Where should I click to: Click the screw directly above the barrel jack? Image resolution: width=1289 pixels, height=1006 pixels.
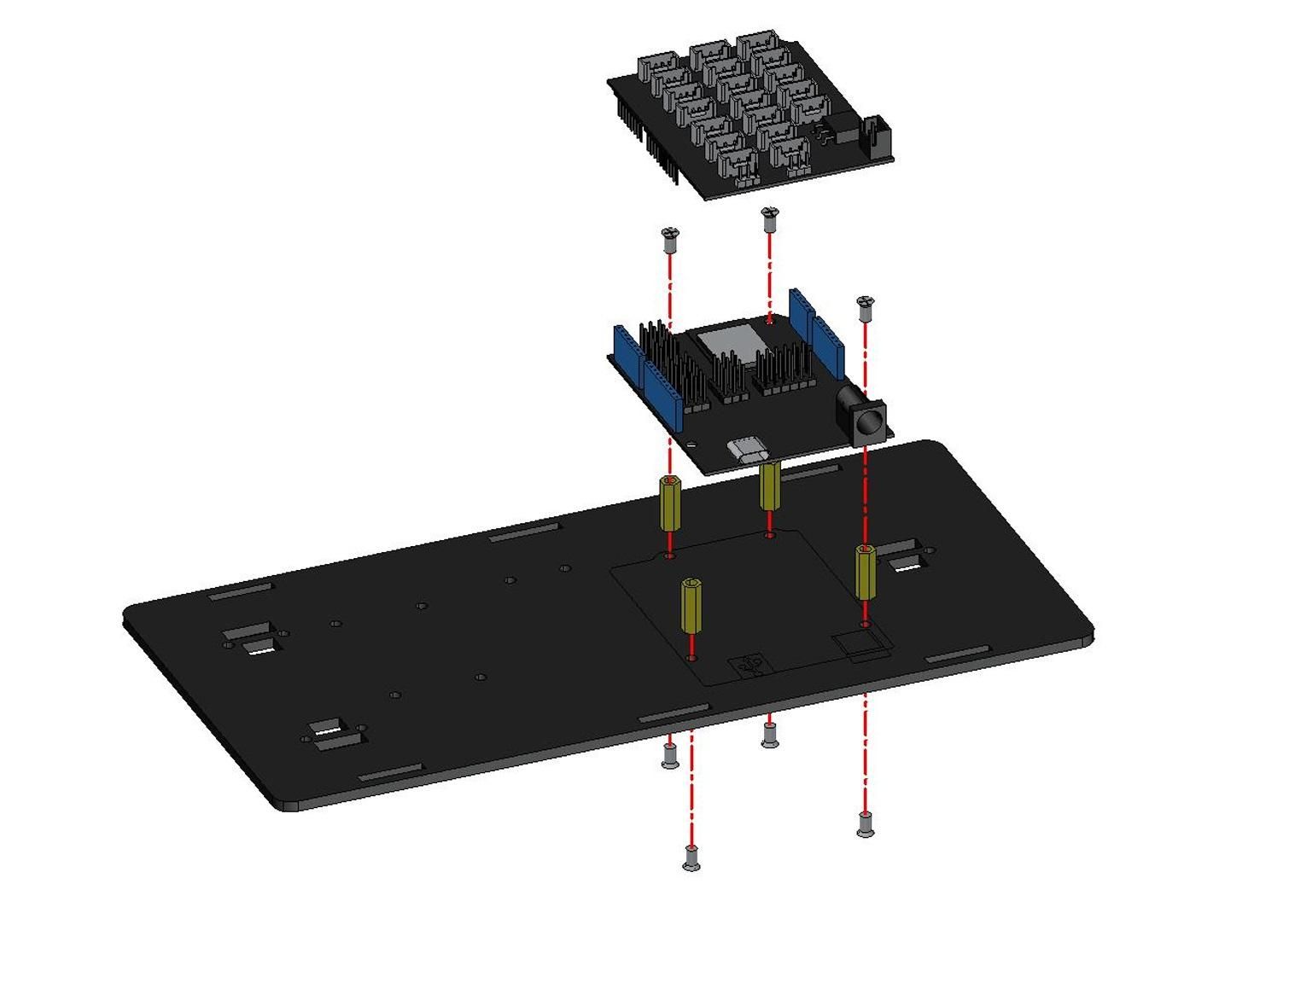(x=866, y=306)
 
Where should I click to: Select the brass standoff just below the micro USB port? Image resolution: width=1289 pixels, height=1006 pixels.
(x=769, y=486)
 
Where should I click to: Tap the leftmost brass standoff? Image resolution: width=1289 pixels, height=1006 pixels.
(x=670, y=503)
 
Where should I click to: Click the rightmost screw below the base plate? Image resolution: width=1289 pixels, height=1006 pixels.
(x=865, y=824)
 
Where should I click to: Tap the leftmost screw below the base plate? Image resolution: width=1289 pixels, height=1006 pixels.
(x=670, y=755)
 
